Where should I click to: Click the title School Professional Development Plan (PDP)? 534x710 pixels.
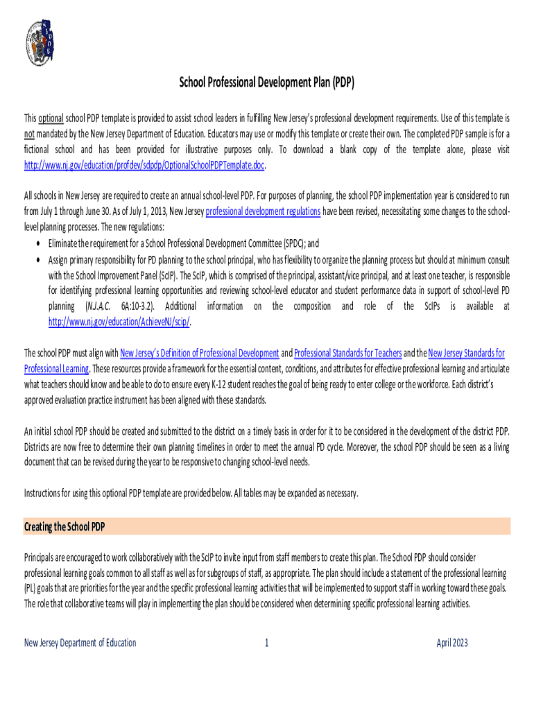click(267, 83)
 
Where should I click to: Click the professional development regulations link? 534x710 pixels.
click(263, 212)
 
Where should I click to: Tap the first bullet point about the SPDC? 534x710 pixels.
click(37, 243)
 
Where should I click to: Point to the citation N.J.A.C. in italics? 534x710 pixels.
click(98, 306)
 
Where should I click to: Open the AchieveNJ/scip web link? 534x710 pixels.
click(119, 322)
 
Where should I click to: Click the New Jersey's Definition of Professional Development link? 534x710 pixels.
click(200, 353)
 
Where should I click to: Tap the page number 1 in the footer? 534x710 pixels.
click(266, 643)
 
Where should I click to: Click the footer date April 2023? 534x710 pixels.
click(452, 643)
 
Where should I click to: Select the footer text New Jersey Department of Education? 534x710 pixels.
click(80, 643)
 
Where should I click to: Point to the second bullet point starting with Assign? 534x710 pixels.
click(37, 259)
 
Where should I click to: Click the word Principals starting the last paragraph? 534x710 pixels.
click(42, 557)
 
